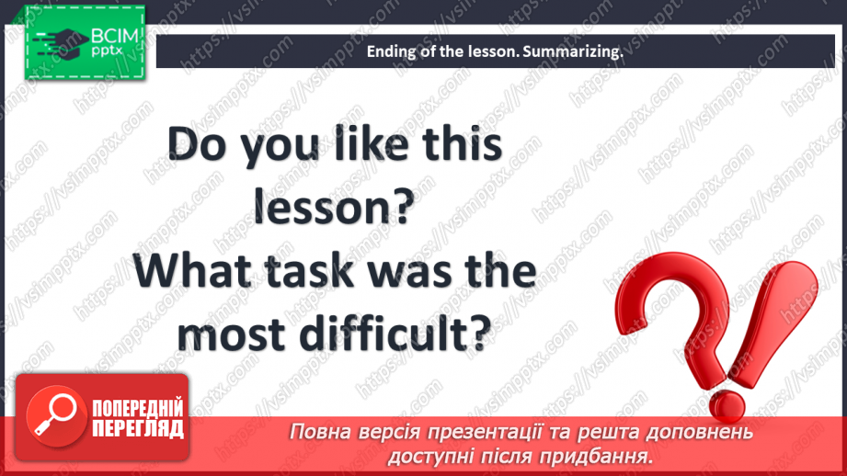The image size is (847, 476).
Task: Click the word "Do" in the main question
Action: (x=197, y=144)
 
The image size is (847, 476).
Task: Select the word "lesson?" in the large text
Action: (x=334, y=207)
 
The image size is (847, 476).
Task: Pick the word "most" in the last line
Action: (x=231, y=334)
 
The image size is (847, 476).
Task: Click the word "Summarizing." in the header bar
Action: (x=573, y=51)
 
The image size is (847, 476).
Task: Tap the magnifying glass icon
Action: (x=55, y=415)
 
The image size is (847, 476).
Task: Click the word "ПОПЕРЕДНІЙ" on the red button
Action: (x=138, y=408)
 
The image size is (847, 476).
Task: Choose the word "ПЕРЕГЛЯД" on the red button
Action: (x=138, y=429)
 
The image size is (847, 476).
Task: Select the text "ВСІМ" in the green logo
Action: (x=115, y=36)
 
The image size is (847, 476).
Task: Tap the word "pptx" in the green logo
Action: (x=107, y=51)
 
